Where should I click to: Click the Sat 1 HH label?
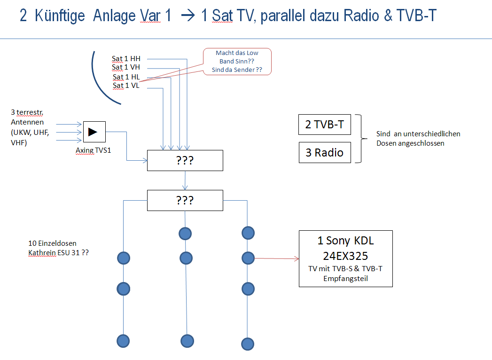[x=126, y=59]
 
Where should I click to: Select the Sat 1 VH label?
[x=126, y=68]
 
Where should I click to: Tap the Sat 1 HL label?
[x=126, y=77]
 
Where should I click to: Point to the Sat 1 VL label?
[x=126, y=86]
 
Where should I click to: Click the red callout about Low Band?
[x=237, y=62]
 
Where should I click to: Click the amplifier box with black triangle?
[x=94, y=132]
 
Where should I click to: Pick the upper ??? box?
[x=185, y=160]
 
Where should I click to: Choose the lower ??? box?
[x=185, y=200]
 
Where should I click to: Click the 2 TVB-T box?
[x=324, y=125]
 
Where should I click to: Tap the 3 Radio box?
[x=324, y=152]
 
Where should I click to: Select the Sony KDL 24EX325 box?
[x=345, y=258]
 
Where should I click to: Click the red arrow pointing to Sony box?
[x=277, y=258]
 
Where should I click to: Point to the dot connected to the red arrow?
[x=248, y=258]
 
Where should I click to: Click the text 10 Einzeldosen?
[x=52, y=243]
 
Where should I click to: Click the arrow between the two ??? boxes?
[x=185, y=180]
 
